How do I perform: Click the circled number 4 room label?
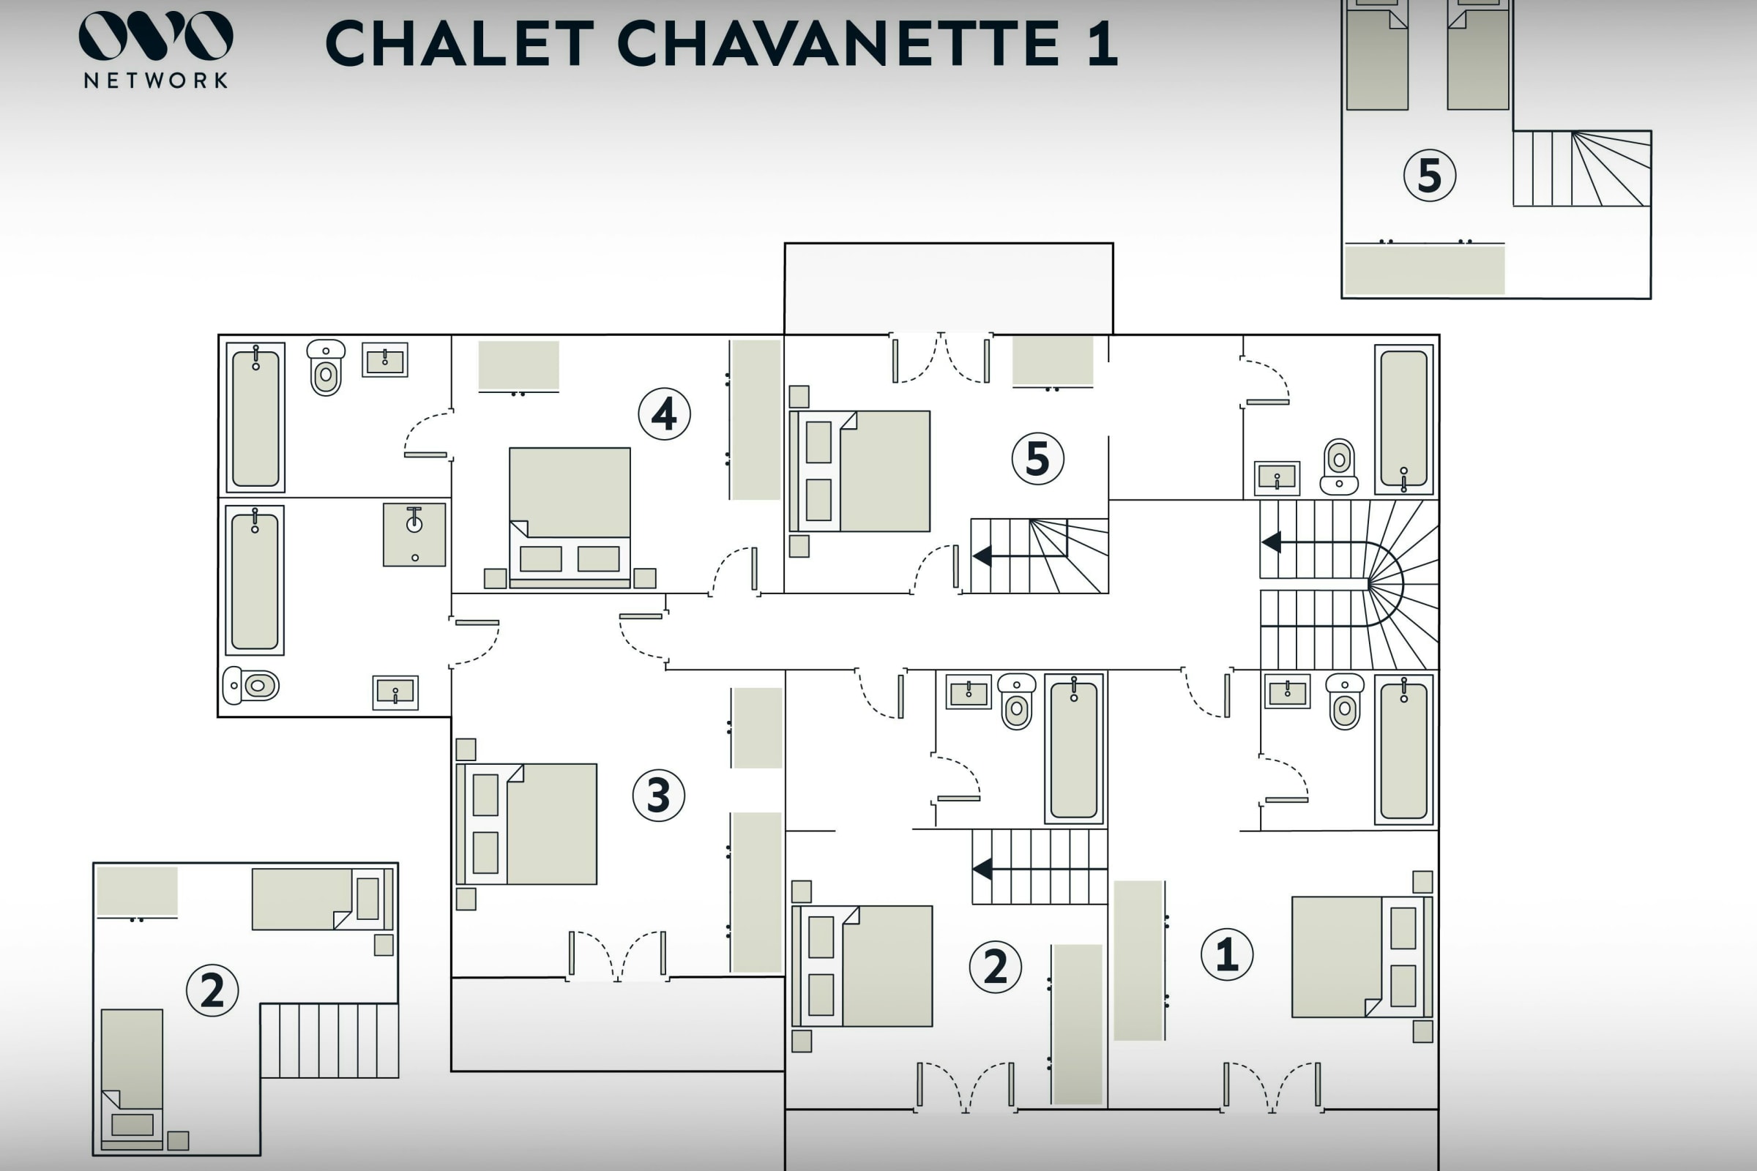pos(664,414)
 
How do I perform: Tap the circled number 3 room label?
pos(658,796)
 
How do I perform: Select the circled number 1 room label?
pos(1227,954)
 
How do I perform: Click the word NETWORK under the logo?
pos(155,81)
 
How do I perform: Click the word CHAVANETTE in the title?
pos(838,42)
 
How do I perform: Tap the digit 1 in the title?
pos(1103,42)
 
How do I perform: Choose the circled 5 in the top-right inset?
pos(1429,176)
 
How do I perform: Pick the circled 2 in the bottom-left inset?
pos(212,990)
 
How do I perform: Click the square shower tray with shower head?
pos(414,534)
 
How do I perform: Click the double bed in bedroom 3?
pos(527,824)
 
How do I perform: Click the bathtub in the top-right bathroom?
pos(1403,419)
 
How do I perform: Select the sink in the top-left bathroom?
pos(385,360)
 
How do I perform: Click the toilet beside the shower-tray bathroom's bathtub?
pos(251,685)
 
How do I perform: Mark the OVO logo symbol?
pos(155,35)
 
